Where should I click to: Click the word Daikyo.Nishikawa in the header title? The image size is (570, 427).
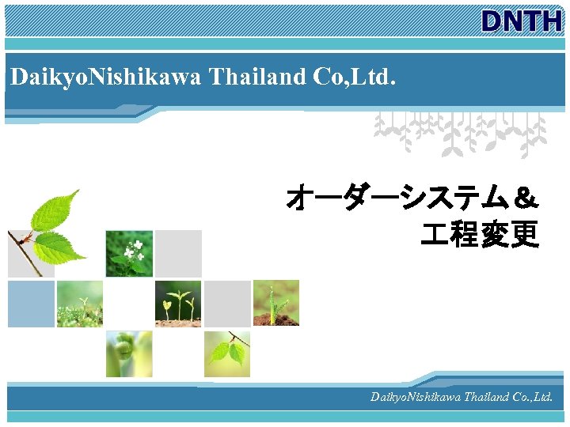click(x=106, y=77)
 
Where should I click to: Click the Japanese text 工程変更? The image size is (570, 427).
click(x=480, y=234)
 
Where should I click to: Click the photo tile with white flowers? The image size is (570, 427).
click(x=129, y=254)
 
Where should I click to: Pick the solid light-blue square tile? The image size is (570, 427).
click(x=32, y=304)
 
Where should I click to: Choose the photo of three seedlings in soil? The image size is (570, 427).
click(x=178, y=304)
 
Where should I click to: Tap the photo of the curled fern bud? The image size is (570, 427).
click(x=129, y=353)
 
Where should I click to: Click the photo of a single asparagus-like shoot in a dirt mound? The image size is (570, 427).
click(x=276, y=304)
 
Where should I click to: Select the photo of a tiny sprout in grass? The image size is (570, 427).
click(x=80, y=304)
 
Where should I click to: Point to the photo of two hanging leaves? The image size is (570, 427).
click(x=227, y=353)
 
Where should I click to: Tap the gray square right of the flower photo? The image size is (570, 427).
click(x=178, y=254)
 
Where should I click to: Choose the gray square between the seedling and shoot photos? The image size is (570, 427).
click(x=227, y=304)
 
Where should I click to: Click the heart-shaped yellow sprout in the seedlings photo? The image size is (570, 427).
click(x=167, y=304)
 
